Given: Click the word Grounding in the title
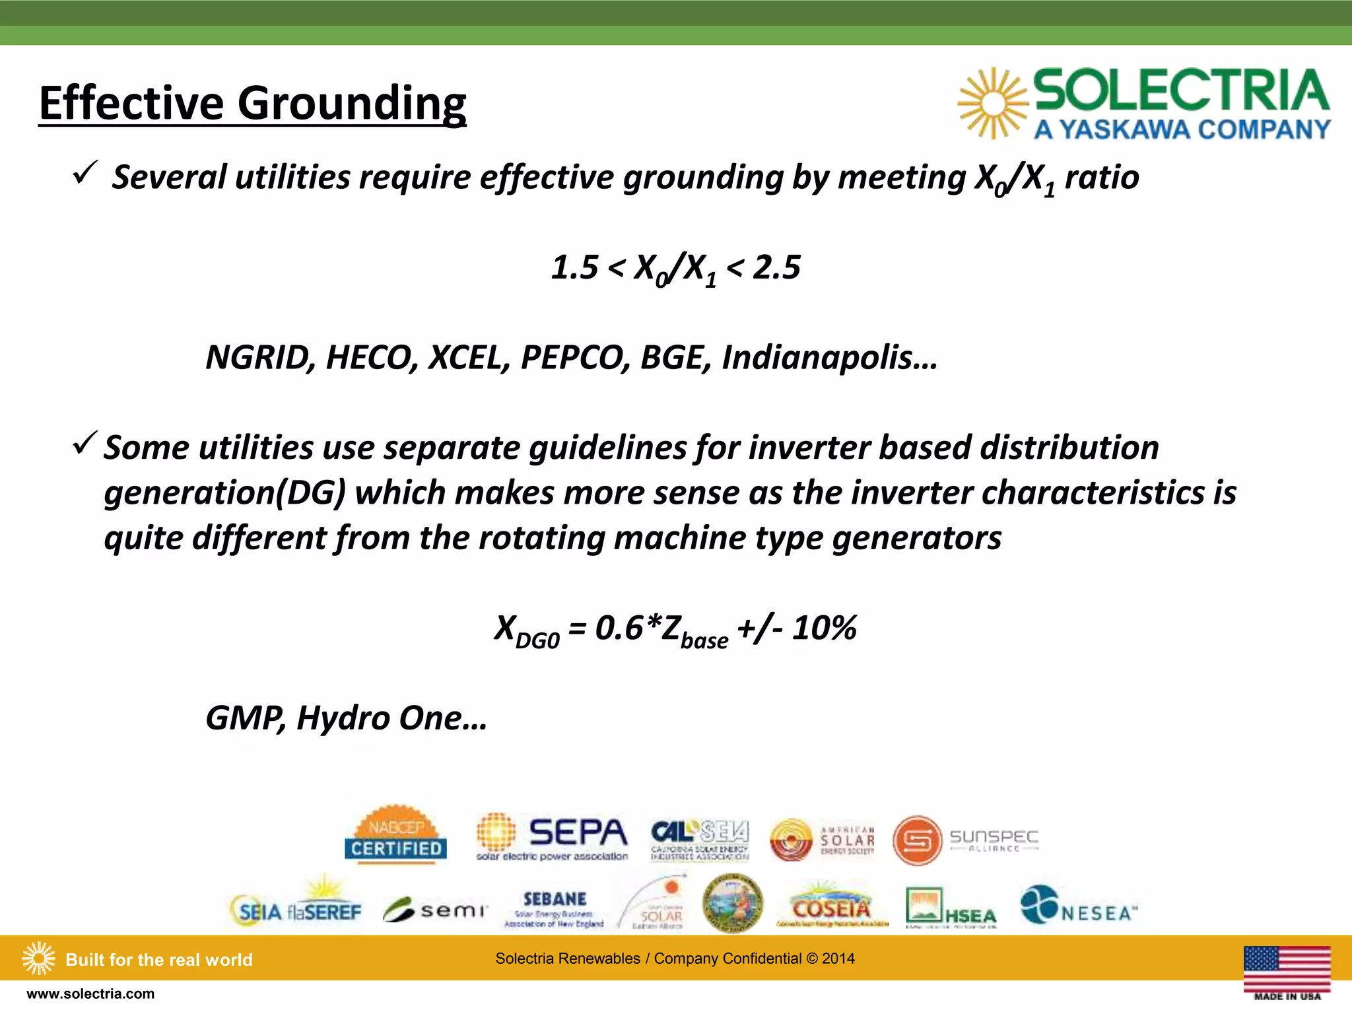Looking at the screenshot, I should [x=351, y=104].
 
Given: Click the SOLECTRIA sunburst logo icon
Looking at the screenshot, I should [x=992, y=104].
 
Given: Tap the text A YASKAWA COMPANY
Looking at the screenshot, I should [x=1182, y=129].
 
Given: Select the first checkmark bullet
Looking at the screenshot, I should [x=85, y=173].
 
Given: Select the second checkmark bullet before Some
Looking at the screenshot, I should [x=85, y=443].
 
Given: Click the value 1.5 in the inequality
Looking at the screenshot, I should [x=574, y=267].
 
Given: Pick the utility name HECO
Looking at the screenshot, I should [x=372, y=357].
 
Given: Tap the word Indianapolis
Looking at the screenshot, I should [x=828, y=357].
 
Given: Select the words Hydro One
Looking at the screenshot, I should [x=391, y=718].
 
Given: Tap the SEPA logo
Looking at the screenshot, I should [x=553, y=837].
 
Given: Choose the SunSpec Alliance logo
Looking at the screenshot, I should [x=966, y=840].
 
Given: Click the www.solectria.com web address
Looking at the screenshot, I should [x=90, y=994].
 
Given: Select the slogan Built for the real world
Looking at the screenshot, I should [x=159, y=960].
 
